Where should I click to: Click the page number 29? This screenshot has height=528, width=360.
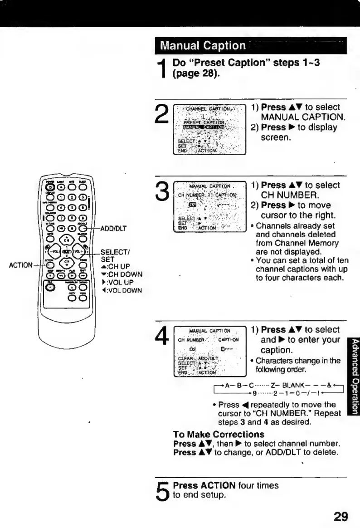tap(340, 516)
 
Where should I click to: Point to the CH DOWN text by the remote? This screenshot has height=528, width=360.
tap(122, 274)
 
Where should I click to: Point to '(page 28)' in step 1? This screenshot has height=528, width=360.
tap(196, 73)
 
